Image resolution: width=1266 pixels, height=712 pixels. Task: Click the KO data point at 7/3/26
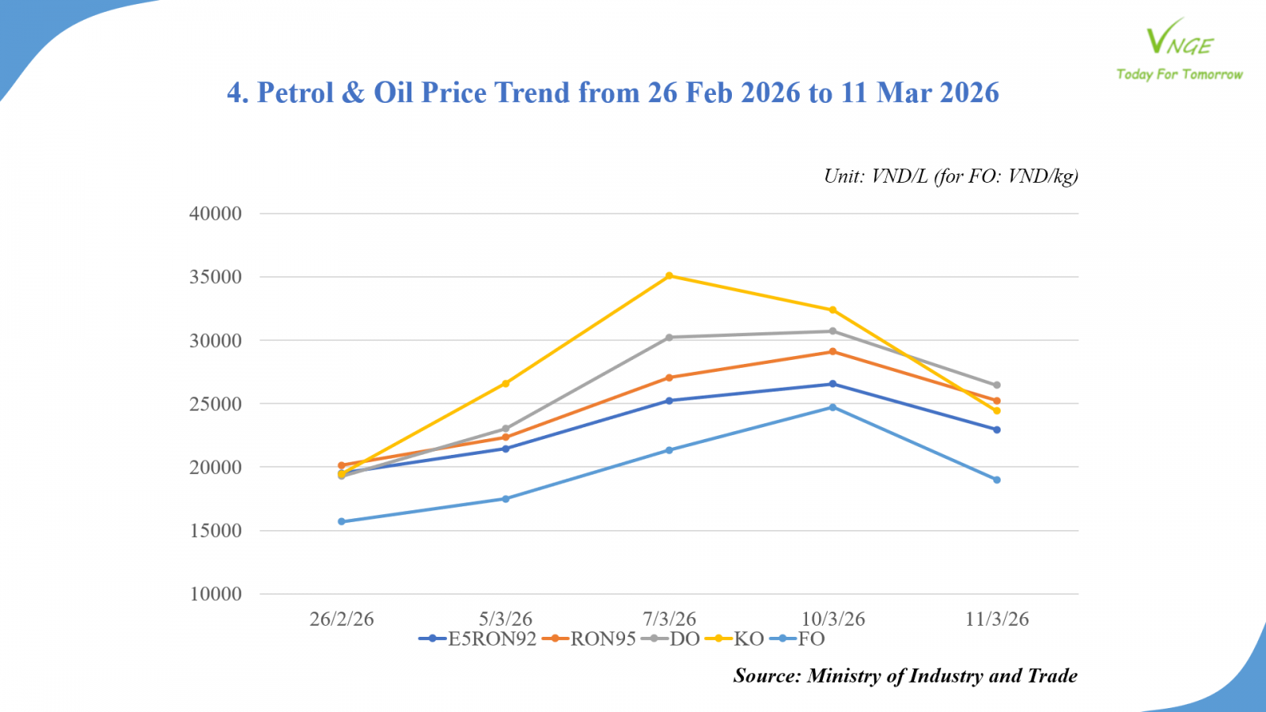pos(669,276)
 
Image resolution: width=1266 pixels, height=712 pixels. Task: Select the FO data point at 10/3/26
pos(832,407)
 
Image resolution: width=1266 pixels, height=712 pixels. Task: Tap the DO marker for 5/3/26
pos(506,429)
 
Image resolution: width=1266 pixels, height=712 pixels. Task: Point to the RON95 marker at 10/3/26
pos(832,351)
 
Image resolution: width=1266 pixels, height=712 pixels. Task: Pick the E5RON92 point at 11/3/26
pos(997,430)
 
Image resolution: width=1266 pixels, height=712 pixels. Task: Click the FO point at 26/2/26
pos(342,521)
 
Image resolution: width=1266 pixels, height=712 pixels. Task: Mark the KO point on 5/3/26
pos(506,384)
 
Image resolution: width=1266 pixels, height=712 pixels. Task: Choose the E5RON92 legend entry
pos(478,639)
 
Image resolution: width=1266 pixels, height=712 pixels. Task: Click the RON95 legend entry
pos(589,639)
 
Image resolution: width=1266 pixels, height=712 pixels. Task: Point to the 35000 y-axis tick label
pos(215,277)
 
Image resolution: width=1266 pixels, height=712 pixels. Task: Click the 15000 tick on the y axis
pos(215,531)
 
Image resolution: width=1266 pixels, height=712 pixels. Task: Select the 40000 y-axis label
pos(215,214)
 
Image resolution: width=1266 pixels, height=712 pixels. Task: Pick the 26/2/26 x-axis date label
pos(342,619)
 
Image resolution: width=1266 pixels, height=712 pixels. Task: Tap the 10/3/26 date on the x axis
pos(833,619)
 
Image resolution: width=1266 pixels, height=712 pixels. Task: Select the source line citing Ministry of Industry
pos(905,676)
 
